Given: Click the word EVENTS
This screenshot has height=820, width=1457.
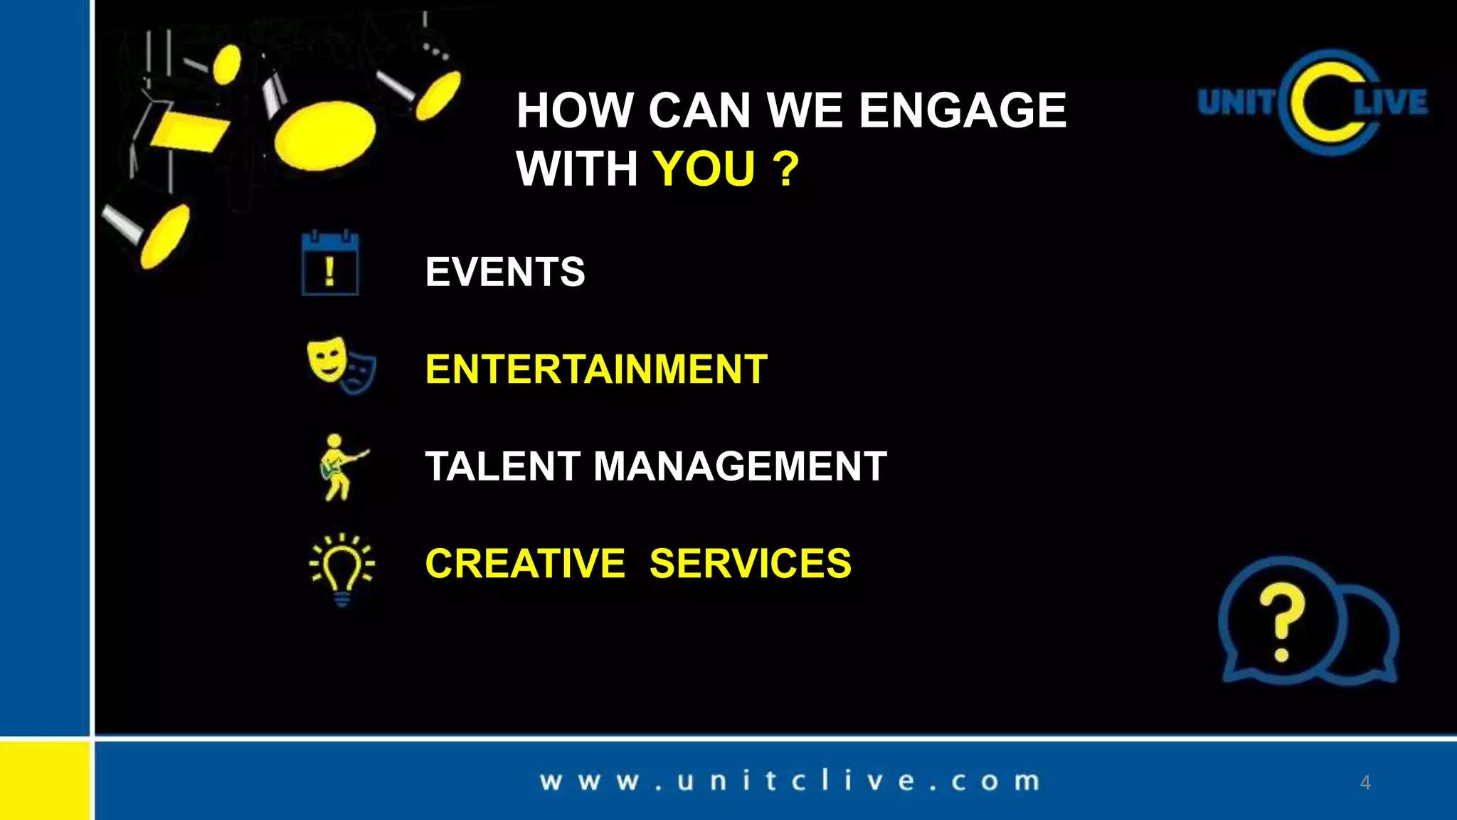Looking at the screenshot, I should coord(505,272).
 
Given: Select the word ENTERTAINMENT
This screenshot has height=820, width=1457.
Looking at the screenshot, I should coord(596,369).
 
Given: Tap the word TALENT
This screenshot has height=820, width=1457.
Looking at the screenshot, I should coord(502,466).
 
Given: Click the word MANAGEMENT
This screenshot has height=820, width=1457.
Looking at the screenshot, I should coord(740,466).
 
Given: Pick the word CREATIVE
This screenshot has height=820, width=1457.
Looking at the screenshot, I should coord(525,563).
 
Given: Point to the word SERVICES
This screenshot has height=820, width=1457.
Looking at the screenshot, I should coord(750,563).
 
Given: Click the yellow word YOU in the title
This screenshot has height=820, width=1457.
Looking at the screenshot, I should coord(704,169).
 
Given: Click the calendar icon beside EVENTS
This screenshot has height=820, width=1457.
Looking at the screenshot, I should coord(330,263).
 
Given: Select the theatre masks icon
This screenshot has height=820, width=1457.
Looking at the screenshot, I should coord(341,365).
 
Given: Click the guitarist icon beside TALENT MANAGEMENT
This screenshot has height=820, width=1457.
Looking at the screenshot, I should coord(339,467).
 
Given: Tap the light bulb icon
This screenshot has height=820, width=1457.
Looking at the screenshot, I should coord(342,568).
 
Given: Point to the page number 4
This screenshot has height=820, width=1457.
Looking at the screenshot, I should coord(1365,782).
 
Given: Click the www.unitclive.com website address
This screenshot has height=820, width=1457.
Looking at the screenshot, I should coord(790,781).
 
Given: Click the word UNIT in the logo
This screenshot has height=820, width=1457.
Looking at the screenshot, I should coord(1236,102).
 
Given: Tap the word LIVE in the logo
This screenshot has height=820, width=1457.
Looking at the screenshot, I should coord(1390,102).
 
